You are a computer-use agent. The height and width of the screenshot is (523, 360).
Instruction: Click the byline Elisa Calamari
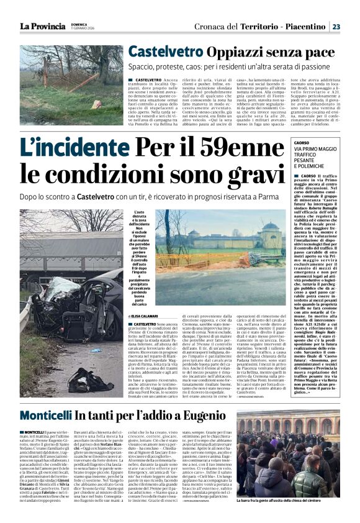coord(145,316)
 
